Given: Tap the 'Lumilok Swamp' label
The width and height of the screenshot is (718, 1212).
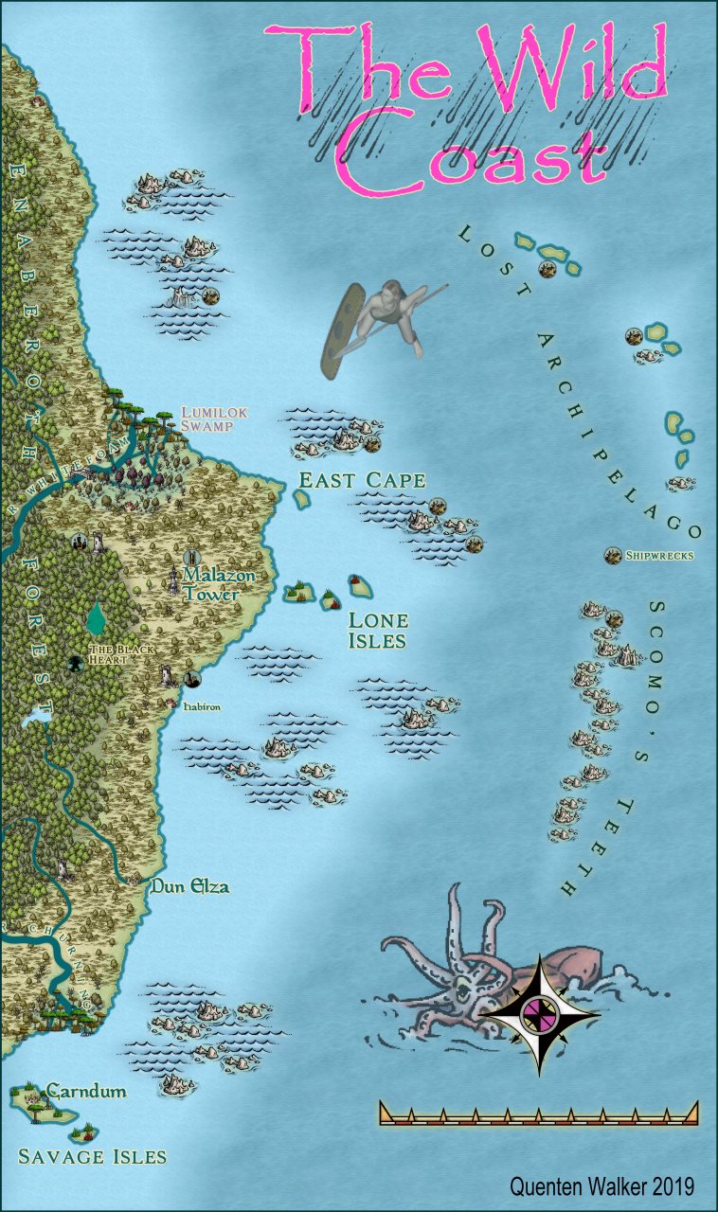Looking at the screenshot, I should pyautogui.click(x=208, y=419).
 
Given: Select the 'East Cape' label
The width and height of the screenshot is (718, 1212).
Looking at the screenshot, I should pyautogui.click(x=362, y=480).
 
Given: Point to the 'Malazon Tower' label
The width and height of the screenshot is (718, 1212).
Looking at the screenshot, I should pyautogui.click(x=211, y=584).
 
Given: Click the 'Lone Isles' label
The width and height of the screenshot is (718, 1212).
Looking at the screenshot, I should pyautogui.click(x=378, y=631).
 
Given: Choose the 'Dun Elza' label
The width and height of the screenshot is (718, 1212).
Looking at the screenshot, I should pyautogui.click(x=189, y=887).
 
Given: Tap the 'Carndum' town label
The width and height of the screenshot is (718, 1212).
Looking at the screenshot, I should pyautogui.click(x=86, y=1091).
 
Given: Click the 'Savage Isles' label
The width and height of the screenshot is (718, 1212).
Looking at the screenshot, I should pyautogui.click(x=93, y=1156).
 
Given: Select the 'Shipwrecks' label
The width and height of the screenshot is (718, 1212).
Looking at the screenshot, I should pyautogui.click(x=659, y=556).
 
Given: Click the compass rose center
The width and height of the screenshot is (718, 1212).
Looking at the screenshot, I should pyautogui.click(x=539, y=1015).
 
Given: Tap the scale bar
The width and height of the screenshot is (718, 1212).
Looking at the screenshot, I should pyautogui.click(x=538, y=1114).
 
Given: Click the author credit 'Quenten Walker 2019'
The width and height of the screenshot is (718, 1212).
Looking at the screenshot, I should pyautogui.click(x=601, y=1186).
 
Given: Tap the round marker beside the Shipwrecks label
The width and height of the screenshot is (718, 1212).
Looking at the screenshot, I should pyautogui.click(x=612, y=555).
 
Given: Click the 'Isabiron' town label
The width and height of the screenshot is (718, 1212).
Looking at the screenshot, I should pyautogui.click(x=202, y=705).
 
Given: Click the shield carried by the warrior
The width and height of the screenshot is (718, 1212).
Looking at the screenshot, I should pyautogui.click(x=340, y=330).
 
